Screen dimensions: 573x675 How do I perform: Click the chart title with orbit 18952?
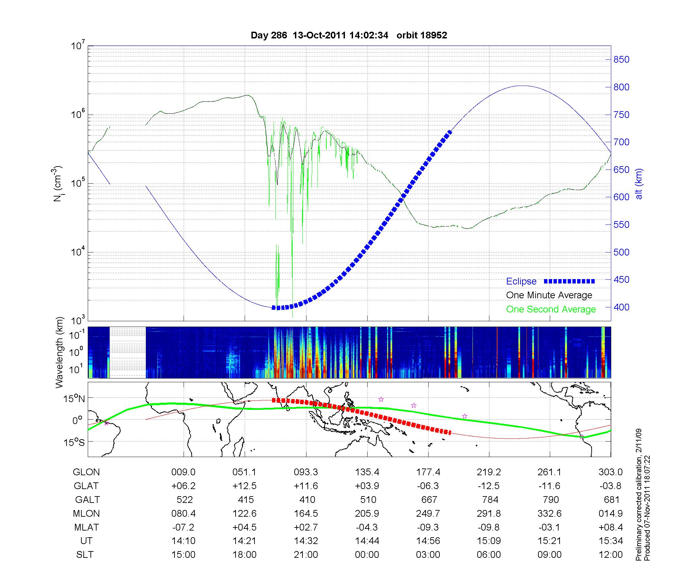point(349,35)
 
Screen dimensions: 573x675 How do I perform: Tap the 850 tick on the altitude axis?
point(621,60)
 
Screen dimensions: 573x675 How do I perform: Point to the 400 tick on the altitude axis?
point(621,307)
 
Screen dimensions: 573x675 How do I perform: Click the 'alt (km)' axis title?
point(639,184)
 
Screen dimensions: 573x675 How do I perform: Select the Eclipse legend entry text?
point(521,281)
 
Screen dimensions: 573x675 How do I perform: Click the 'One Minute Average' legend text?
point(549,295)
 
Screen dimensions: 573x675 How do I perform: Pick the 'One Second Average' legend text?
point(551,309)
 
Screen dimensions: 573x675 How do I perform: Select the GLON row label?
point(86,472)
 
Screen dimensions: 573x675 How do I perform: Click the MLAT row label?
point(87,527)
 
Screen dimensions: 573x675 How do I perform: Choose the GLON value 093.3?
point(306,472)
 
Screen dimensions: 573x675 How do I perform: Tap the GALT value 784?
point(490,500)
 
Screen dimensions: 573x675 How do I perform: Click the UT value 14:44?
point(367,541)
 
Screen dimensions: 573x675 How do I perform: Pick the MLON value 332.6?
point(550,513)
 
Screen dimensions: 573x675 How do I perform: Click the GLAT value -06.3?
point(429,486)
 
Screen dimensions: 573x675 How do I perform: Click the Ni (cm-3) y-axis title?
point(57,184)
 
